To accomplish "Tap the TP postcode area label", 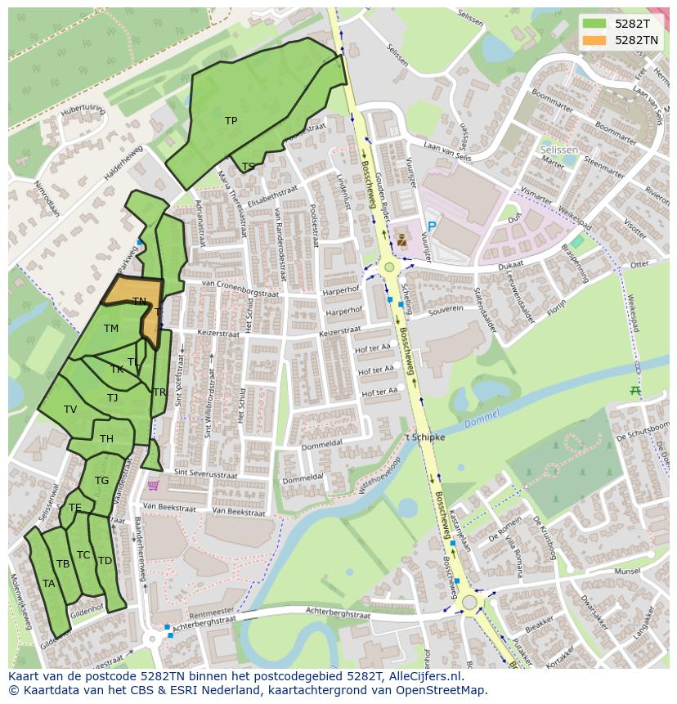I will click(x=231, y=121).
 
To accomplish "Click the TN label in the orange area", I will click(x=140, y=302).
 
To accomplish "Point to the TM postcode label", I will click(x=111, y=329).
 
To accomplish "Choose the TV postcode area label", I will click(x=70, y=410).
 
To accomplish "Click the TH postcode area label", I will click(x=106, y=439).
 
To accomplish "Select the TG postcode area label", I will click(x=101, y=481).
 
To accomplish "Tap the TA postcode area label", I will click(x=48, y=584).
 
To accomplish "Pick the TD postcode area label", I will click(x=105, y=561).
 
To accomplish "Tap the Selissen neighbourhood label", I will click(x=559, y=151).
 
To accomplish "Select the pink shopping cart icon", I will click(x=153, y=486).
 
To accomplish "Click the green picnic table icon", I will click(x=635, y=391).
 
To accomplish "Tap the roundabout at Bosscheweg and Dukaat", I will click(x=389, y=267).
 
